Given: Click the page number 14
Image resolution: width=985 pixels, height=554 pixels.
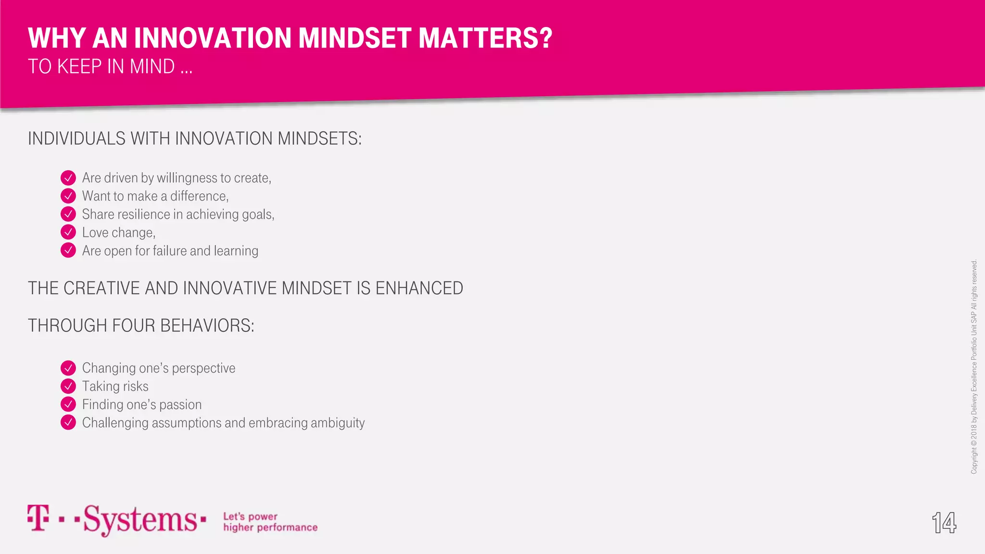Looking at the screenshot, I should [x=944, y=523].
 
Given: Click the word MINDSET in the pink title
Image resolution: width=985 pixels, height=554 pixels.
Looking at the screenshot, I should [x=355, y=38].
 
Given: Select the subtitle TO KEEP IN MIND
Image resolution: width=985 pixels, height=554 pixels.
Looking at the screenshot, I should [x=110, y=66].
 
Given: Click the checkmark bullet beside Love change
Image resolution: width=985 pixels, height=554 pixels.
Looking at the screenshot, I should [x=68, y=232].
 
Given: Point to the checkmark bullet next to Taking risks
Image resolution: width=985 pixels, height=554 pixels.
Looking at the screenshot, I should [x=68, y=386].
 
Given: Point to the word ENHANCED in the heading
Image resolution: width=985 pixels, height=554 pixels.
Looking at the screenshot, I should [x=419, y=289].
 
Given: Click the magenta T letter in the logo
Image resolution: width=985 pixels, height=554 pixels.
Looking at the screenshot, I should [x=38, y=517].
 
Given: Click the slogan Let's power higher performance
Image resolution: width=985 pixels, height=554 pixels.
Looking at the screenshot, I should [x=270, y=522].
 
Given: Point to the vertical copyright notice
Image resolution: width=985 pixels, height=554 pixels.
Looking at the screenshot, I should [x=974, y=366].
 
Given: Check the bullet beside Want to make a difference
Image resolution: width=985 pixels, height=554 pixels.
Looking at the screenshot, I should [x=68, y=196].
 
